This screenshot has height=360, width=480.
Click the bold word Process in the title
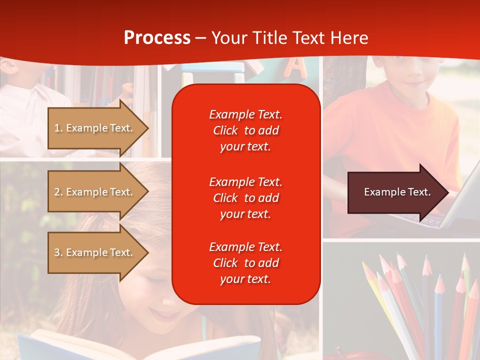click(x=157, y=38)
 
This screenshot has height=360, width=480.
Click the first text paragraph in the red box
click(x=245, y=130)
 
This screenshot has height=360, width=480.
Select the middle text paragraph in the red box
click(x=245, y=198)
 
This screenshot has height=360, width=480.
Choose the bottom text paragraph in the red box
click(x=245, y=263)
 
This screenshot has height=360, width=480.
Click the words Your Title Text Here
click(x=289, y=38)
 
